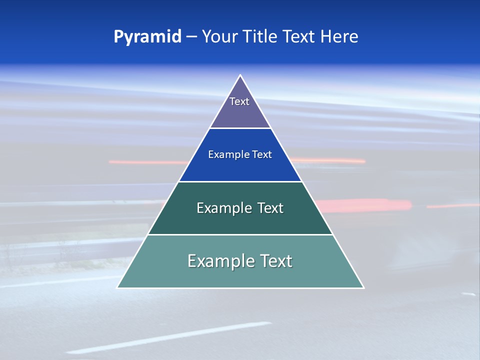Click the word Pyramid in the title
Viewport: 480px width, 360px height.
[147, 37]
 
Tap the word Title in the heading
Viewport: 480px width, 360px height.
[259, 37]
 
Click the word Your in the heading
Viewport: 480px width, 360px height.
[219, 37]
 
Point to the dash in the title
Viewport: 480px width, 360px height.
[191, 37]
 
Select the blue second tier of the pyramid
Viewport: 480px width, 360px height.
[240, 167]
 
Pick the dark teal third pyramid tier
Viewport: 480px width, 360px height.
[240, 220]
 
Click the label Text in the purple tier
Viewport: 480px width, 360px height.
[239, 101]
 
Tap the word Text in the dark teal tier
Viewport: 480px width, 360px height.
[270, 208]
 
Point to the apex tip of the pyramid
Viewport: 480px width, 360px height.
[240, 76]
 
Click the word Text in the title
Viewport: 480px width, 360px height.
[299, 37]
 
